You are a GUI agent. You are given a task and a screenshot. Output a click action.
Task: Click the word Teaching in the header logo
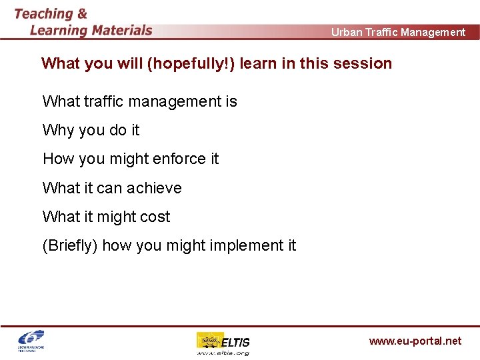pyautogui.click(x=43, y=13)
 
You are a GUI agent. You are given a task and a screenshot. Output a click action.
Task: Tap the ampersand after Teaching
pyautogui.click(x=81, y=13)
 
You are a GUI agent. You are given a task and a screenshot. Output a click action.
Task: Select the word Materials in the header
pyautogui.click(x=113, y=30)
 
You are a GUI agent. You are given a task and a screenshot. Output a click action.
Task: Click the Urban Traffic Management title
pyautogui.click(x=398, y=32)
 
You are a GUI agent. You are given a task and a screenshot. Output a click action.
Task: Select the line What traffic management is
pyautogui.click(x=139, y=101)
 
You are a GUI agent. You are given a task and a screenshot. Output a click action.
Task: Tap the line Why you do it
pyautogui.click(x=91, y=130)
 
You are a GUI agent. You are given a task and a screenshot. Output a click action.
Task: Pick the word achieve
pyautogui.click(x=155, y=188)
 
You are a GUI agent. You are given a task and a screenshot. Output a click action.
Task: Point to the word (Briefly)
pyautogui.click(x=70, y=245)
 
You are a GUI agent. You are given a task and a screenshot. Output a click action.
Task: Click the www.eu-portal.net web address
pyautogui.click(x=415, y=341)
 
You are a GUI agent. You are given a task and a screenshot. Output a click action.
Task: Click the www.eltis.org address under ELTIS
pyautogui.click(x=223, y=353)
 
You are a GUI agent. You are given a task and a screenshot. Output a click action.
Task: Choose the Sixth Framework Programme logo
pyautogui.click(x=31, y=341)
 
